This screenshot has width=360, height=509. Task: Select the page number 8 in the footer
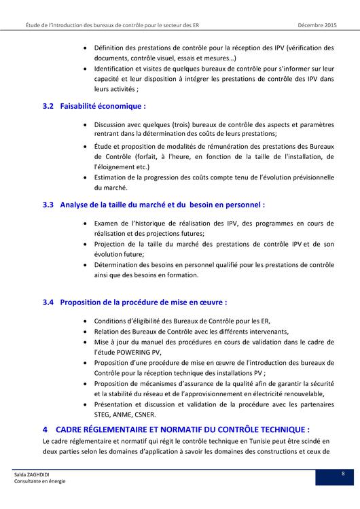pyautogui.click(x=343, y=473)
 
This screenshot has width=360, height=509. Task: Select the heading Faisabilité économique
pyautogui.click(x=103, y=107)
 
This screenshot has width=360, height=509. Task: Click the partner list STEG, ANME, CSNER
pyautogui.click(x=125, y=414)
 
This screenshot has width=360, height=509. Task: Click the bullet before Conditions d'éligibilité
pyautogui.click(x=84, y=321)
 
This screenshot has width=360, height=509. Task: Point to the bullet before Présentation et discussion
pyautogui.click(x=84, y=404)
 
